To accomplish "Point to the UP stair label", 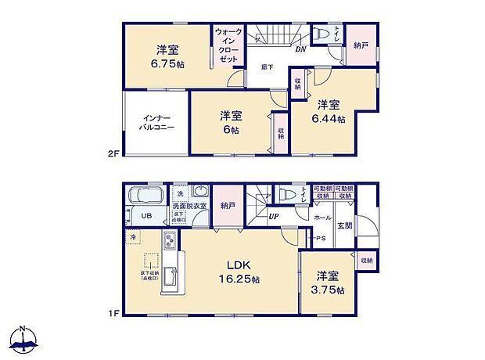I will (x=275, y=217).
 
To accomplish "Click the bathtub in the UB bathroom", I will (x=144, y=196).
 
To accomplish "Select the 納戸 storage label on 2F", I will (x=361, y=45).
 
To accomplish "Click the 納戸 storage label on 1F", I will (x=228, y=205).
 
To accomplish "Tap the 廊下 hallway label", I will (x=267, y=67).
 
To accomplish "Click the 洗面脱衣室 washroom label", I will (x=190, y=205).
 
